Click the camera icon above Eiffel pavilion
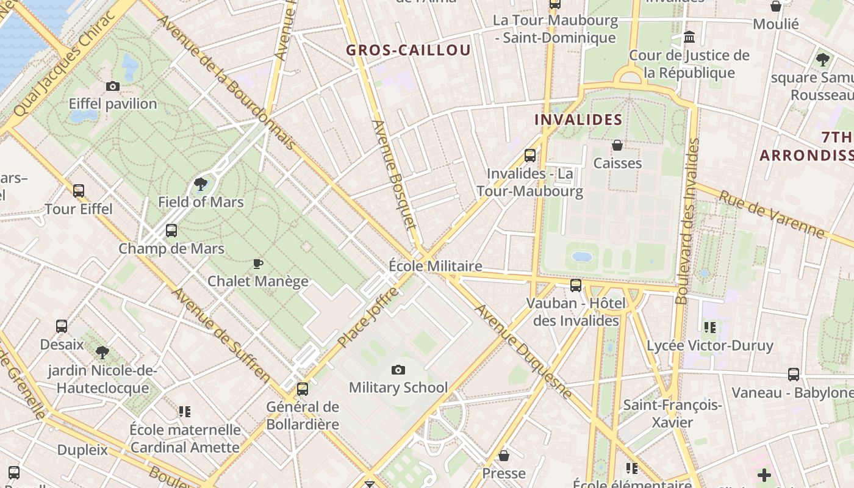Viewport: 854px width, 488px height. click(113, 87)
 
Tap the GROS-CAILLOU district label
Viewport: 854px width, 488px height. click(409, 50)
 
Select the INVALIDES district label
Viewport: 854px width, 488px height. click(578, 120)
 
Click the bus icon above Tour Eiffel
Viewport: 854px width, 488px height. click(79, 191)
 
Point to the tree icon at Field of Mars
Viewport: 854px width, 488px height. click(200, 184)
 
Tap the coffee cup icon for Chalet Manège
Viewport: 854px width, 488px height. click(258, 264)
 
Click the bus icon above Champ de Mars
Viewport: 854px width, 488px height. click(171, 231)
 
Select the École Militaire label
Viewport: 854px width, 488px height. click(436, 266)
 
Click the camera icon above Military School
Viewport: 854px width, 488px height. click(398, 370)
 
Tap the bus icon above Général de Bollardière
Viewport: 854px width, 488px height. click(303, 389)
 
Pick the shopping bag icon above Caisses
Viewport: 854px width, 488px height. click(617, 145)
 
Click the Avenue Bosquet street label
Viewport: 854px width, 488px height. click(395, 183)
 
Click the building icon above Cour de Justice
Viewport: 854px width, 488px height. click(689, 38)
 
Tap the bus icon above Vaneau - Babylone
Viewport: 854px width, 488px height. click(793, 375)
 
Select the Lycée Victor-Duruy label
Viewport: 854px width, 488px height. click(710, 346)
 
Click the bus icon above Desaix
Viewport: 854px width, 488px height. click(62, 326)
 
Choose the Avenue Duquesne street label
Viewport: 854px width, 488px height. click(523, 351)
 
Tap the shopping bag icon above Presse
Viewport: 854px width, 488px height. click(504, 456)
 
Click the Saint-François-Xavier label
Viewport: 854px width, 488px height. click(672, 414)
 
